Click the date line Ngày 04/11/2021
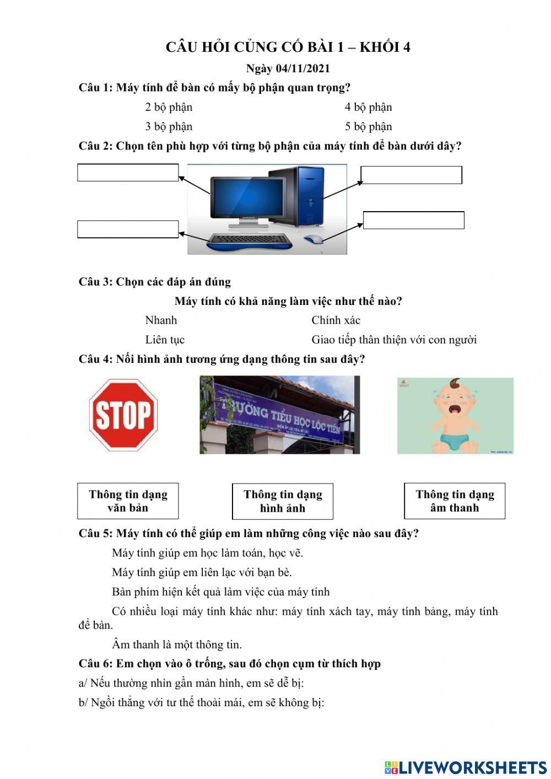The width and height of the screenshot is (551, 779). tap(288, 68)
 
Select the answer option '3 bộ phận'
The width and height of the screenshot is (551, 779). tap(169, 127)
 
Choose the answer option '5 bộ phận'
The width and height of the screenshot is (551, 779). tap(368, 127)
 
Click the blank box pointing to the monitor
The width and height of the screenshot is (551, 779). tap(128, 173)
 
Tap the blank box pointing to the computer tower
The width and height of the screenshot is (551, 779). tap(411, 175)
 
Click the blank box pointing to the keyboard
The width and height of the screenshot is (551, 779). tap(128, 229)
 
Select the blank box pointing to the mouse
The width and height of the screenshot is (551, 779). tap(413, 220)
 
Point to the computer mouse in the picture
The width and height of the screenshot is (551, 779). tap(313, 239)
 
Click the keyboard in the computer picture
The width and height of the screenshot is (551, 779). tap(249, 240)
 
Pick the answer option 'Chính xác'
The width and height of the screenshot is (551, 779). tap(336, 320)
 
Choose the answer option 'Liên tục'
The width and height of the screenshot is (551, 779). tap(165, 340)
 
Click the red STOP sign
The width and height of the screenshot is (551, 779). tap(123, 415)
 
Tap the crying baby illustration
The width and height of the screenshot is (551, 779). tap(455, 416)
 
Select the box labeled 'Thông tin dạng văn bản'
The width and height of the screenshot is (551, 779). tap(128, 501)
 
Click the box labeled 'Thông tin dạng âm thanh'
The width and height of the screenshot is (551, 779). tap(455, 501)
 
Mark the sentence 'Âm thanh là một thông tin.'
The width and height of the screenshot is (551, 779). tap(176, 644)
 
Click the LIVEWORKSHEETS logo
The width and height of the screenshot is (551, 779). tap(465, 767)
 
